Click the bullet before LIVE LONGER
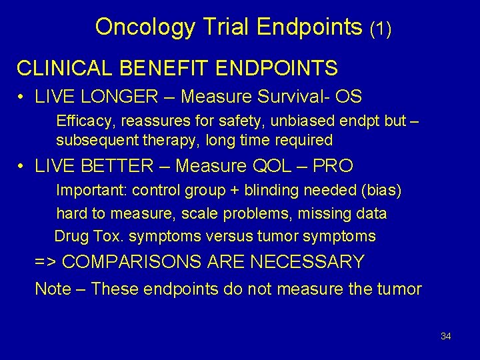pyautogui.click(x=22, y=97)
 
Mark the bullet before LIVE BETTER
pyautogui.click(x=22, y=166)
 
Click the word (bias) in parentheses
pyautogui.click(x=380, y=191)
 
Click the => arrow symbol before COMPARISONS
pyautogui.click(x=45, y=262)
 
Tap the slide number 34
pyautogui.click(x=446, y=336)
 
